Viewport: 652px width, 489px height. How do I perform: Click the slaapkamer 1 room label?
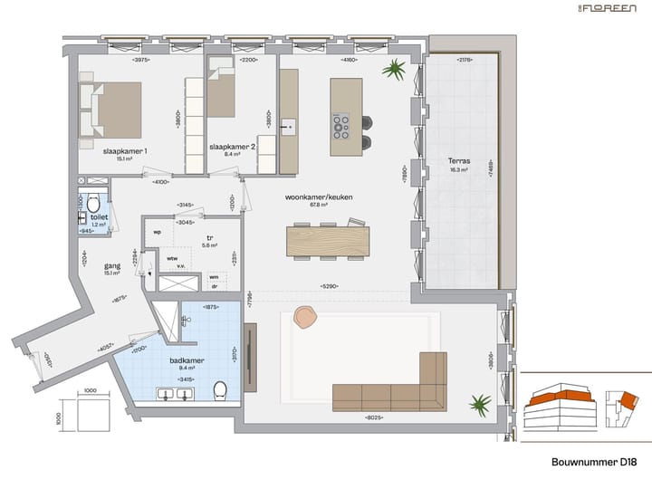(x=125, y=150)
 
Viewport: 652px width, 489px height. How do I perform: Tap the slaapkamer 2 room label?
(x=233, y=146)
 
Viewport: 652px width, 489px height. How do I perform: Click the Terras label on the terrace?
(x=459, y=162)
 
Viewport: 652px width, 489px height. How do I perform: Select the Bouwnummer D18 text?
(x=595, y=462)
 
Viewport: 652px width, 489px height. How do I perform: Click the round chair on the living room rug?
(x=305, y=317)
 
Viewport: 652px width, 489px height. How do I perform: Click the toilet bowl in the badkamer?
(x=219, y=390)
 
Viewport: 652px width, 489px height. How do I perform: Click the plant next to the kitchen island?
(x=394, y=70)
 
